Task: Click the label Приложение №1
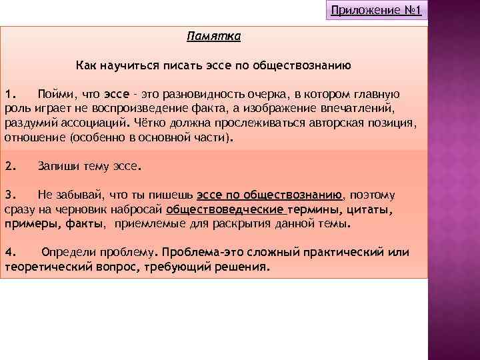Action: click(377, 11)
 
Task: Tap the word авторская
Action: click(329, 123)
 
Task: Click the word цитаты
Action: click(368, 210)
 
